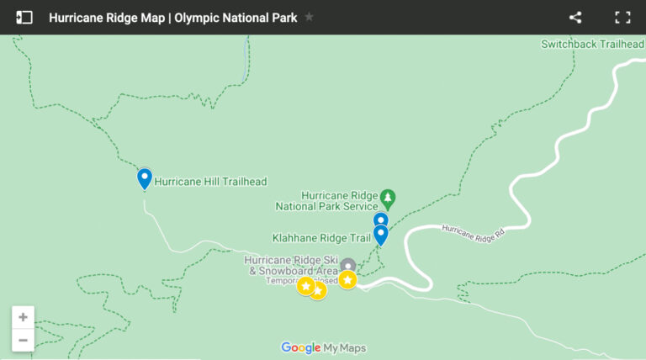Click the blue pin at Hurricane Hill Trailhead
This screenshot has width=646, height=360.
pos(144,178)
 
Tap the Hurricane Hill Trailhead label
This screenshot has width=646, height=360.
pos(210,181)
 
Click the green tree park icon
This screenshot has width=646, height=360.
pos(388,199)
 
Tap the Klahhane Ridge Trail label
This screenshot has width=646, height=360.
pos(321,238)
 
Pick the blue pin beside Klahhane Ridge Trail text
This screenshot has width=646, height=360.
pos(380,234)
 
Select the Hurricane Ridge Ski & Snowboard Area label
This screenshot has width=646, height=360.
pos(291,265)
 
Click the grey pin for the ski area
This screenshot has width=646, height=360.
pos(347,266)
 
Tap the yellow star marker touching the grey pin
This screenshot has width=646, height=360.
pos(347,279)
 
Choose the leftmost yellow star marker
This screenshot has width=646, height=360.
pos(305,286)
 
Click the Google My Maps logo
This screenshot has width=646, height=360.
pos(324,348)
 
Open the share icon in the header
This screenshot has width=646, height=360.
pos(575,17)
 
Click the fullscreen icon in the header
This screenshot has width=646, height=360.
pos(622,17)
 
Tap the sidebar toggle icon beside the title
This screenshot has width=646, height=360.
pos(24,17)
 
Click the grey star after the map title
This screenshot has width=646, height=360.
pos(309,17)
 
